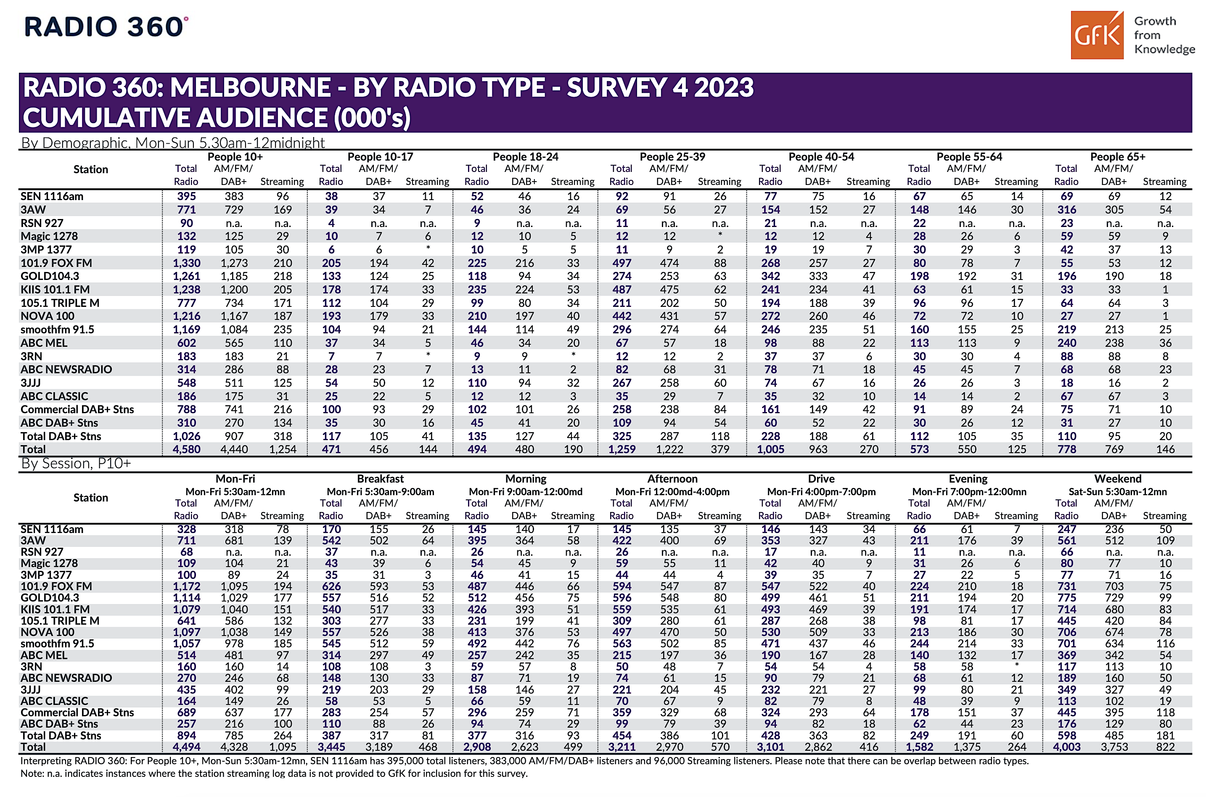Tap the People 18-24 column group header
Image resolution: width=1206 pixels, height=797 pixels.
tap(525, 156)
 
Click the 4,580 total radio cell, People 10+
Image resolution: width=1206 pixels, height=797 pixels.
tap(186, 449)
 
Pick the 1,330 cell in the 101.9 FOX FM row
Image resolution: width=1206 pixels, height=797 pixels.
tap(186, 263)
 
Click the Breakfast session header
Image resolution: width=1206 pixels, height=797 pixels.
tap(380, 478)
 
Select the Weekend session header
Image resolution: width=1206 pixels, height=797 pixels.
tap(1118, 478)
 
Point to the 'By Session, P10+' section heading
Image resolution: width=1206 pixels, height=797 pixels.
tap(76, 464)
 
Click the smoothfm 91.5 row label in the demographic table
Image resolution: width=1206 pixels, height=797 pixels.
tap(58, 330)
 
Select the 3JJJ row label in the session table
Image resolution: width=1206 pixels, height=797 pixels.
tap(31, 689)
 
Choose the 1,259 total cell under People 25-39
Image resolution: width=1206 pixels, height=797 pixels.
tap(622, 449)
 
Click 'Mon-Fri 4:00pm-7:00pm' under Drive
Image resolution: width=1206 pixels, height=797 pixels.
tap(821, 491)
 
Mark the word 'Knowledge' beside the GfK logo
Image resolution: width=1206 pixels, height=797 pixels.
tap(1164, 49)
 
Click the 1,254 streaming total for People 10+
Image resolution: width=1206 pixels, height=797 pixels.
tap(282, 449)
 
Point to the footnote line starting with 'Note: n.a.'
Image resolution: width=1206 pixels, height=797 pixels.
tap(274, 773)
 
